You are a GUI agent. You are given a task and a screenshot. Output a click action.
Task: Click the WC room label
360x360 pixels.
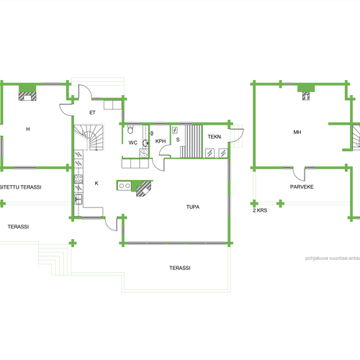133,143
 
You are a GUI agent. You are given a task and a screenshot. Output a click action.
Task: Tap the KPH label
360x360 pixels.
161,141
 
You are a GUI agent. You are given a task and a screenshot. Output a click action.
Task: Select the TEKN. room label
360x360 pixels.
215,137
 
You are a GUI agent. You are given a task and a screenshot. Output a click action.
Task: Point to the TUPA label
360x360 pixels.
193,207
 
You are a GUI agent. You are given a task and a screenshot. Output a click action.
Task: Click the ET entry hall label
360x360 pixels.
92,112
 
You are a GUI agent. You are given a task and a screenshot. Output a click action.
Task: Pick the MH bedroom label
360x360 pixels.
297,132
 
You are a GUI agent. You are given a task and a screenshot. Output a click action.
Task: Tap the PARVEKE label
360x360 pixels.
302,186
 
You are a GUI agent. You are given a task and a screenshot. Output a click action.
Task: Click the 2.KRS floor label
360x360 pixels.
260,210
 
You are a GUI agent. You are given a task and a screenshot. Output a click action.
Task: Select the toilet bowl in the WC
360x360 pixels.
130,129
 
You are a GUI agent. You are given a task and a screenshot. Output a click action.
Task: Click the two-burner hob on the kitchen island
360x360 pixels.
125,186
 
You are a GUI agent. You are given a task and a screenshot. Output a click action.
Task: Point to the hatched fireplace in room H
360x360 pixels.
27,96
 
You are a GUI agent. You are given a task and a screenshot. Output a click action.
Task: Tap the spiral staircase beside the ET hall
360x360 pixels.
89,137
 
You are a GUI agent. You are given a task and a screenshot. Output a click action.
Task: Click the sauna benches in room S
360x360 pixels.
192,141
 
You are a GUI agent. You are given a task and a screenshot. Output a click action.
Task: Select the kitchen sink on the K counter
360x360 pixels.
78,199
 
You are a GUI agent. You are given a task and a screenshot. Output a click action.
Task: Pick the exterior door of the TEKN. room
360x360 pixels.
236,135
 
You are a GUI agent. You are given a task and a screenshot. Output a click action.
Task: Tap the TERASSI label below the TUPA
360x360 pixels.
180,268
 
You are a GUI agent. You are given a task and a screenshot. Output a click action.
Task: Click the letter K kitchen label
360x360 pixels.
96,184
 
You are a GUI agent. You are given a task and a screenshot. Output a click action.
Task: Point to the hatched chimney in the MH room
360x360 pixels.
306,96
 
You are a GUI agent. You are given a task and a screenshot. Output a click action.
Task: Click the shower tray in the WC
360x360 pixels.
144,153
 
